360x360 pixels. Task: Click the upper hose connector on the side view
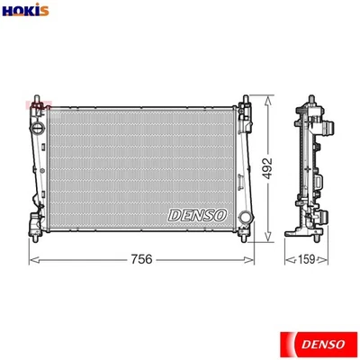click(x=324, y=128)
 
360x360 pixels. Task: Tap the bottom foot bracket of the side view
click(x=306, y=237)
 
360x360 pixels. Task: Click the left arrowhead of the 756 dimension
click(x=33, y=259)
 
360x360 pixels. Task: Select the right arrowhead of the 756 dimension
click(x=251, y=259)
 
